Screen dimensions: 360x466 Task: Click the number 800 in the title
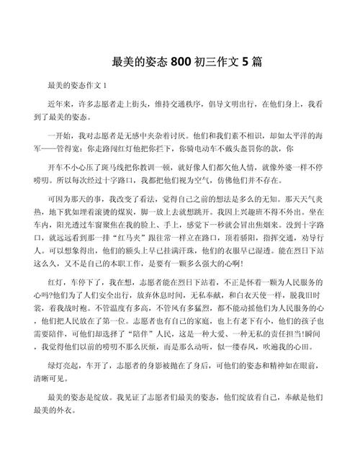tap(181, 63)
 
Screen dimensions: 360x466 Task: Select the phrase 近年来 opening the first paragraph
tap(60, 104)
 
